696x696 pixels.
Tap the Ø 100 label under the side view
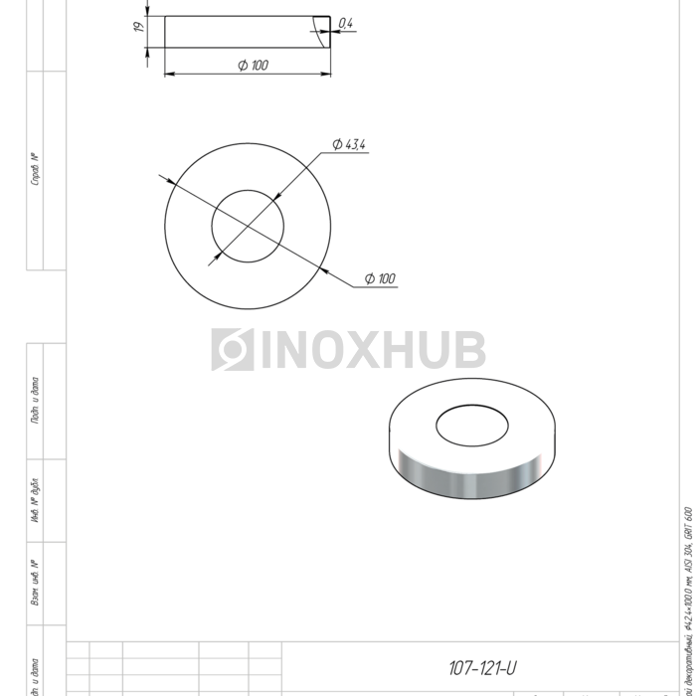(253, 66)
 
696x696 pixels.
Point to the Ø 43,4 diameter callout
(350, 145)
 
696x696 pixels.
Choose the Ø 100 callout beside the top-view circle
(380, 278)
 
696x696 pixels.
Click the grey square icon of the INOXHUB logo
(233, 350)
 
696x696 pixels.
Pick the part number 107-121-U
(481, 668)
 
